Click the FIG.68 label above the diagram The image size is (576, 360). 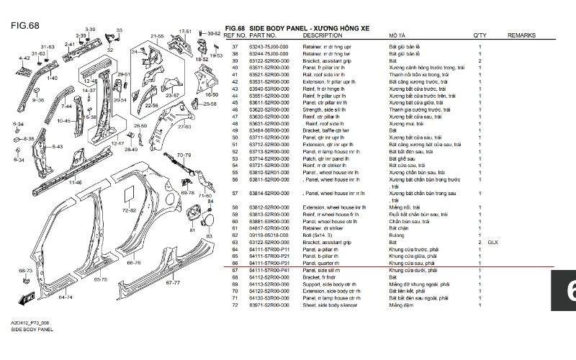(24, 25)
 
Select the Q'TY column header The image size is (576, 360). (480, 35)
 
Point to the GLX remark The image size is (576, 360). (492, 243)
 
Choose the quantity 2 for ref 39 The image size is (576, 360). (480, 60)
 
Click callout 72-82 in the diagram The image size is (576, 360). (129, 210)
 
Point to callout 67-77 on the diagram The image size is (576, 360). (172, 282)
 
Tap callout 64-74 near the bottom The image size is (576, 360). (65, 296)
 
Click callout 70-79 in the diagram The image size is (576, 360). (184, 155)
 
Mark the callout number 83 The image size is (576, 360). (210, 236)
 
